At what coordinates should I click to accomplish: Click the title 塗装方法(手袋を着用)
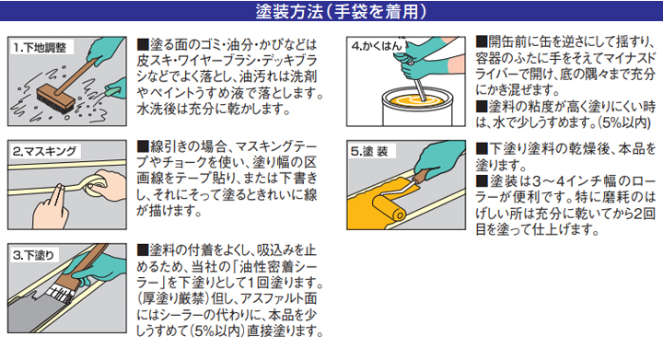click(331, 13)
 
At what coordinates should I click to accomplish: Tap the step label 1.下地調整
click(40, 47)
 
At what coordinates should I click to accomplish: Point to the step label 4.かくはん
click(375, 45)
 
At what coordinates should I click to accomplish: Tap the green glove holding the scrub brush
click(116, 88)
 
